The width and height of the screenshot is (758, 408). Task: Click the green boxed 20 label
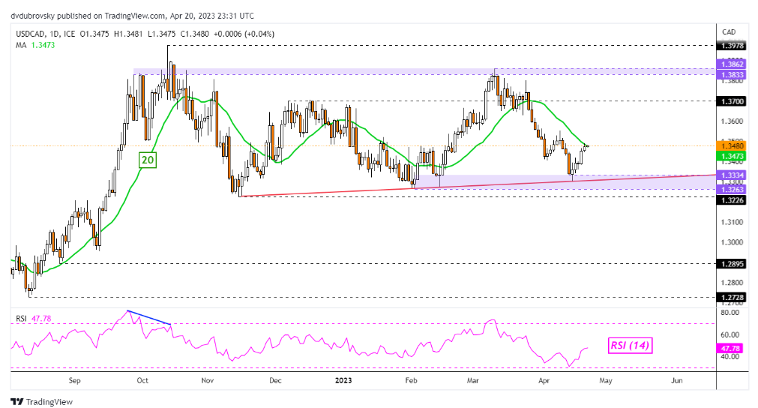(x=147, y=160)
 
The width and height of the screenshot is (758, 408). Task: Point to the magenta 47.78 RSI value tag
(x=729, y=348)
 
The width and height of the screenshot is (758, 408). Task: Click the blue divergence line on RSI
(x=150, y=317)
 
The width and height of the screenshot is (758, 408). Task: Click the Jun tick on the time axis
(x=676, y=380)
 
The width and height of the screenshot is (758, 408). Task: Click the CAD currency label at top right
(x=728, y=31)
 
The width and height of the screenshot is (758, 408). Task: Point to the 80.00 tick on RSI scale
(x=729, y=312)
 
